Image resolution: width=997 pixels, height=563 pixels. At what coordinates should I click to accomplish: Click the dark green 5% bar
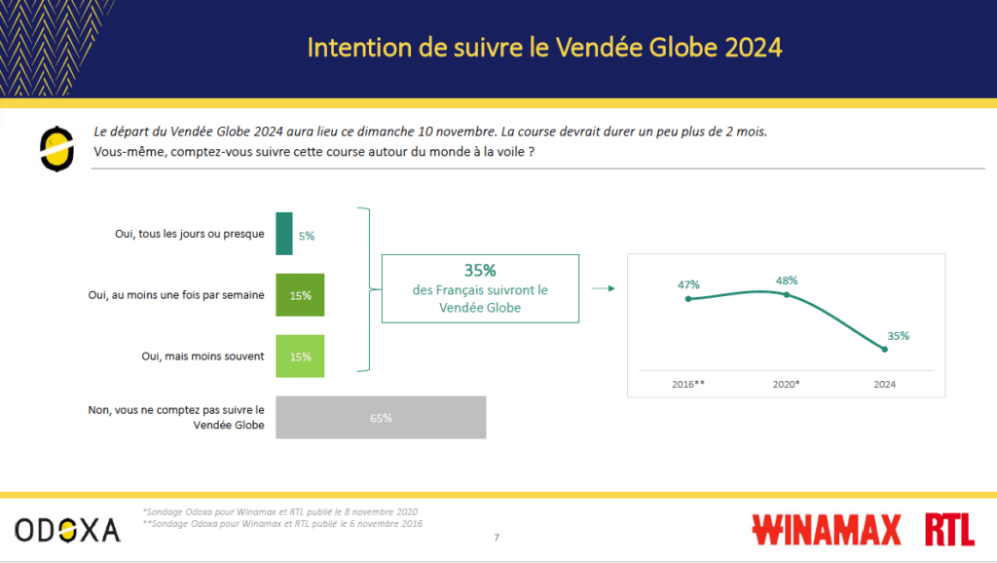tap(284, 234)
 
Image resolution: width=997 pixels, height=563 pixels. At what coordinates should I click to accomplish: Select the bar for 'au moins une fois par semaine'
tap(300, 295)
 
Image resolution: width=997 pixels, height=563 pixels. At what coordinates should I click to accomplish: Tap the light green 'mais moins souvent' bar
tap(300, 357)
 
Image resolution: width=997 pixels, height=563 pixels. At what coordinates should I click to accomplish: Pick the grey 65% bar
tap(381, 417)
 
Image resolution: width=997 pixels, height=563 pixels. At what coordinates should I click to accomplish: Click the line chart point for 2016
tap(688, 298)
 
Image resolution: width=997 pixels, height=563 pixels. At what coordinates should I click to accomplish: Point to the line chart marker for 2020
tap(787, 294)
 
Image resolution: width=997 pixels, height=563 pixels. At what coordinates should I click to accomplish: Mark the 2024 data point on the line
tap(884, 350)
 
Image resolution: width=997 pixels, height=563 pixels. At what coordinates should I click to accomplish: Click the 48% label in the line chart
tap(787, 281)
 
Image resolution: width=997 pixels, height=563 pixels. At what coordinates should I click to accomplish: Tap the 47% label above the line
tap(688, 284)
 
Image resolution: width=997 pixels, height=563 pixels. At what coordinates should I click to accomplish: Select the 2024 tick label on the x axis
tap(884, 384)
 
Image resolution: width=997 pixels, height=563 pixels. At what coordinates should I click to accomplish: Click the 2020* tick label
tap(786, 384)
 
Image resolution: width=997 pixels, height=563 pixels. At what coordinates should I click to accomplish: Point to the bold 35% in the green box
tap(480, 271)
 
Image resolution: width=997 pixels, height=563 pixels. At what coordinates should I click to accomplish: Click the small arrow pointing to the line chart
tap(603, 288)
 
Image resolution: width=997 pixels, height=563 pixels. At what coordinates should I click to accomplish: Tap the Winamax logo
tap(827, 529)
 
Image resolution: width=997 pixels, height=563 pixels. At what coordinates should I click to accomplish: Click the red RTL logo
tap(950, 529)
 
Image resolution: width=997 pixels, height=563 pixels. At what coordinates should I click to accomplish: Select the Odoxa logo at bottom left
tap(67, 530)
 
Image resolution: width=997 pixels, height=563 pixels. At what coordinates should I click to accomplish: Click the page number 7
tap(497, 538)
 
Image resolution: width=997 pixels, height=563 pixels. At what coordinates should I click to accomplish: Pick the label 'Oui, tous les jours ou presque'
tap(190, 234)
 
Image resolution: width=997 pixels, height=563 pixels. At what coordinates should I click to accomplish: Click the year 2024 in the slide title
tap(753, 48)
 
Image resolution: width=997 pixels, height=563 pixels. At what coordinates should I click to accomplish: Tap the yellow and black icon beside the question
tap(56, 149)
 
